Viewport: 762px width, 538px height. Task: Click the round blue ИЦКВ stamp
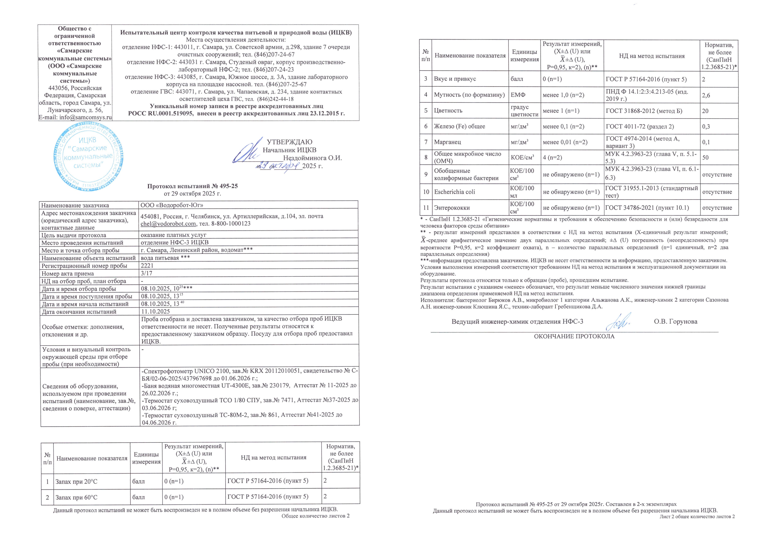89,156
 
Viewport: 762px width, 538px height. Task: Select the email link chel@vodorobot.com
168,224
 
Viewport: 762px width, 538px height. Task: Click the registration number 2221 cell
147,265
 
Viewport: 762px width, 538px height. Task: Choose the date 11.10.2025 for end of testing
155,312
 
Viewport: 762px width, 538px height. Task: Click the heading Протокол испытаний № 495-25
192,186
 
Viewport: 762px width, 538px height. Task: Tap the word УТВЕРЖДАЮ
289,142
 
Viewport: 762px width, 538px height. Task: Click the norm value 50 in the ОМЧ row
705,158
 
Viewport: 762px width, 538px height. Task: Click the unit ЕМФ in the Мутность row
518,95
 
